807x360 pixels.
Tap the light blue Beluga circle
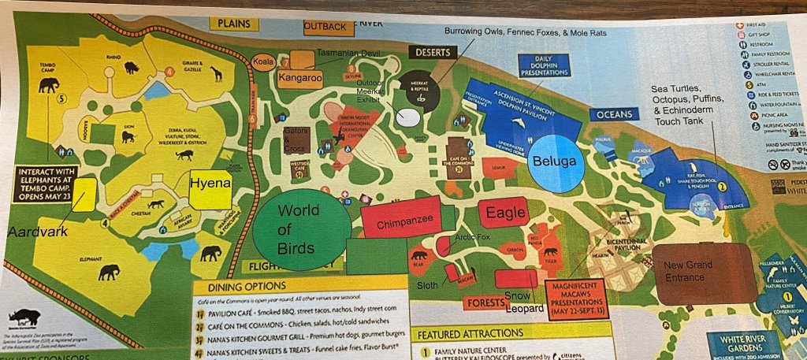pyautogui.click(x=560, y=161)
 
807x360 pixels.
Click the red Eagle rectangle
pyautogui.click(x=504, y=212)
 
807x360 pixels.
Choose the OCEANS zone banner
pyautogui.click(x=614, y=114)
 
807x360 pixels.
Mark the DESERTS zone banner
pyautogui.click(x=432, y=52)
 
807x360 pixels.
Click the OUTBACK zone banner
pyautogui.click(x=325, y=26)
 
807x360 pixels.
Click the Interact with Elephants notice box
pyautogui.click(x=50, y=179)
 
